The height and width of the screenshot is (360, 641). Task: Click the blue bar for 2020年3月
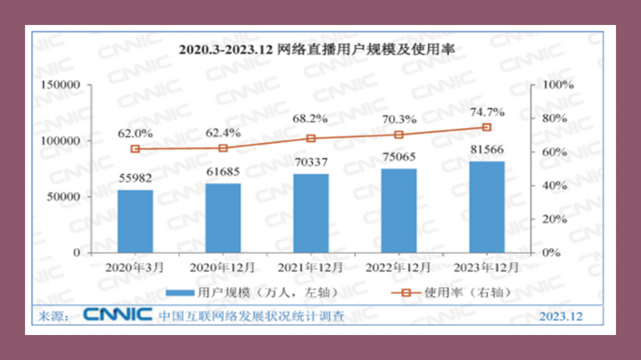tap(135, 221)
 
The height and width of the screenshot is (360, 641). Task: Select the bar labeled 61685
tap(223, 218)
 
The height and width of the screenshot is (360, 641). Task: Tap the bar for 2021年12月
tap(311, 213)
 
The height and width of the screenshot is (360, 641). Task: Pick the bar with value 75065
tap(399, 210)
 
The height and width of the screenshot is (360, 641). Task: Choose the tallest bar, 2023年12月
tap(487, 206)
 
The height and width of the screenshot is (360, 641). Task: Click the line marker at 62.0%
tap(135, 149)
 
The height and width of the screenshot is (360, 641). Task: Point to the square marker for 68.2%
tap(311, 138)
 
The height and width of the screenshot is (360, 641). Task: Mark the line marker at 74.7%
tap(487, 127)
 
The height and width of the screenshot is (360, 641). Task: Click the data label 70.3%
tap(399, 119)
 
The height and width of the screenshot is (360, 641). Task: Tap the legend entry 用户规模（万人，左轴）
tap(250, 293)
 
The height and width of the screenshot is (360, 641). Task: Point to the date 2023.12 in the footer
tap(561, 316)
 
